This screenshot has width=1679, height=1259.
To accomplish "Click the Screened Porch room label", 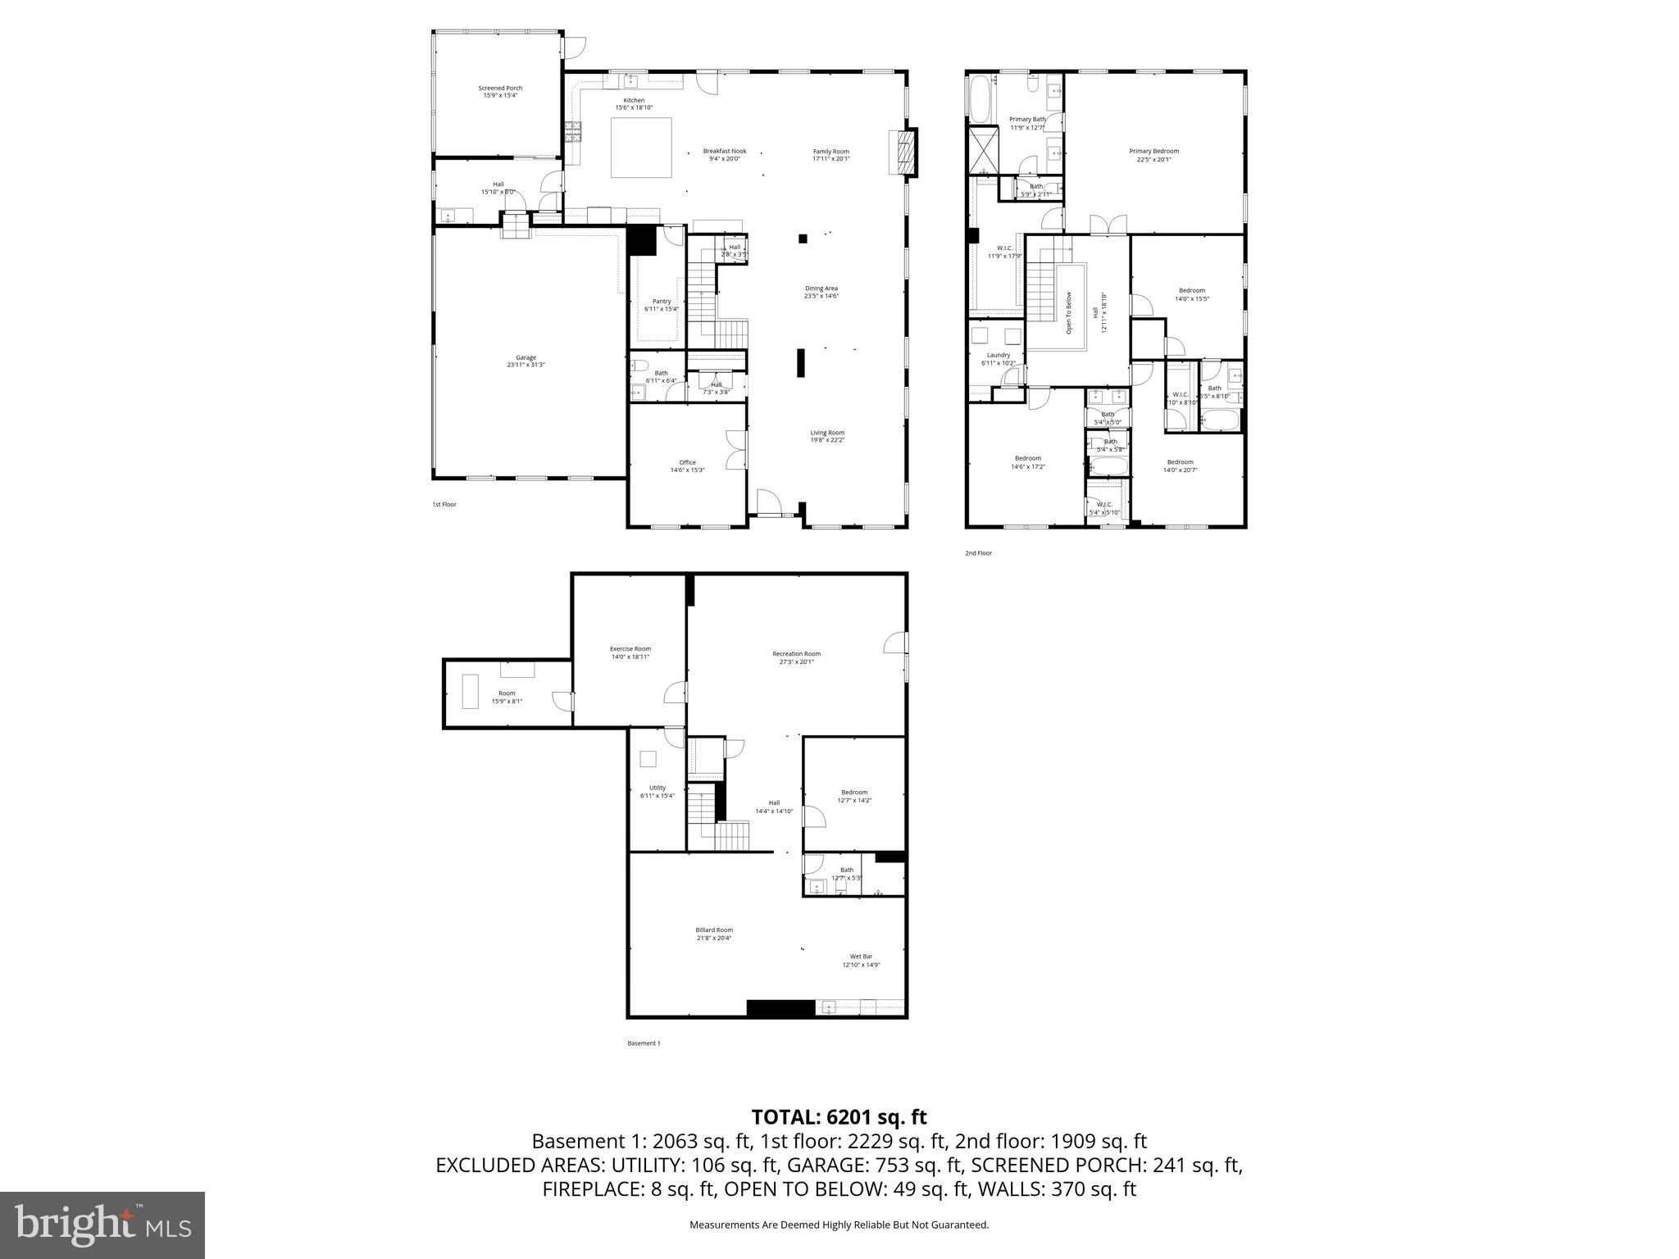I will [500, 91].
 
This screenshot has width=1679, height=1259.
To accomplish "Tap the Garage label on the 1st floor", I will [526, 361].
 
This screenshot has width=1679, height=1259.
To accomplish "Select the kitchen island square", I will [641, 148].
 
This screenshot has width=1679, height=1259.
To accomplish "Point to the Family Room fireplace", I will [904, 152].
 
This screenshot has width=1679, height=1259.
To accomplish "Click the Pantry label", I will [661, 304].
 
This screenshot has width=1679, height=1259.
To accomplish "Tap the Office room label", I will [687, 466].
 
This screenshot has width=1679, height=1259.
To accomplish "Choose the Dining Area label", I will [821, 292].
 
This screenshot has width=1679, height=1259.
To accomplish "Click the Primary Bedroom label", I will [1153, 154].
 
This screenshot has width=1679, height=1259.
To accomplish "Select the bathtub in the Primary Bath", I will [979, 99].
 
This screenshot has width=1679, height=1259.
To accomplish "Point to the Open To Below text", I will [1068, 312].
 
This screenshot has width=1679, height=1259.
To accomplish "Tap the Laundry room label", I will [998, 358].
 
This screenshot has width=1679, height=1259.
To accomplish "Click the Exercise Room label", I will [630, 652].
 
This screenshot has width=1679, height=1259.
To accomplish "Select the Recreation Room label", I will [796, 657].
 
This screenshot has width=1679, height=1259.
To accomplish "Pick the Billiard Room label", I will [713, 934].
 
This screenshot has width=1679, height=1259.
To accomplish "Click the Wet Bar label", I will [861, 960].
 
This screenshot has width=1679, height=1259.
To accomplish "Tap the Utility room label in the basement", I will [657, 791].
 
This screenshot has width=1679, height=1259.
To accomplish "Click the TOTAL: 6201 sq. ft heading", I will [839, 1117].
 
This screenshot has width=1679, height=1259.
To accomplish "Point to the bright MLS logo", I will [102, 1225].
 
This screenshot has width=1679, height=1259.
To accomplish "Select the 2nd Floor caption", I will [978, 553].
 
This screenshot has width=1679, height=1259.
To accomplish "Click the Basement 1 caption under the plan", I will [644, 1043].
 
